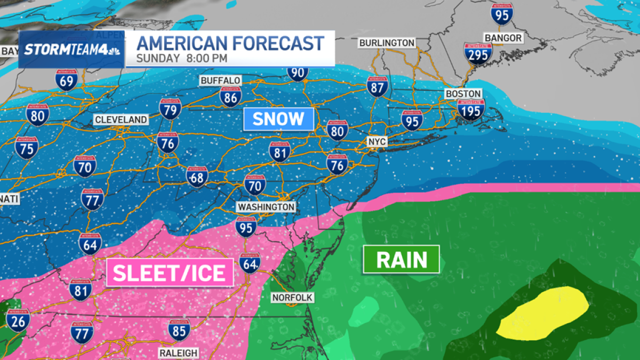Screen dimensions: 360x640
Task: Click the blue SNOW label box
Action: tap(278, 119)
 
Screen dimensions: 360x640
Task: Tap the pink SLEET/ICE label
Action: tap(170, 273)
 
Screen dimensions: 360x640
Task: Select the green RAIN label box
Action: tap(401, 260)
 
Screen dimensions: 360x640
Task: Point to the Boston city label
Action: tap(463, 93)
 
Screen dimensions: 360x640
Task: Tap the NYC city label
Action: tap(376, 142)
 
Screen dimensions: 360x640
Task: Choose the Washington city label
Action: tap(266, 206)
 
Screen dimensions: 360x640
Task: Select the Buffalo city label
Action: tap(220, 81)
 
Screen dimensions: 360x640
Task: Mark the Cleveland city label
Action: tap(121, 120)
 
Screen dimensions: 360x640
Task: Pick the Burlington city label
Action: tap(387, 43)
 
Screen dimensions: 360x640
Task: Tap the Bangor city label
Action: tap(502, 38)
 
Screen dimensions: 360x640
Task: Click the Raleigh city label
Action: tap(178, 353)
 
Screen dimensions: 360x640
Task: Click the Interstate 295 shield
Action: tap(477, 54)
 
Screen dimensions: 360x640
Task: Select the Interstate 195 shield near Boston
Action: tap(471, 110)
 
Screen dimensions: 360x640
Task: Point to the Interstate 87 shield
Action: tap(377, 86)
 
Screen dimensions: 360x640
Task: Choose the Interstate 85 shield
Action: tap(179, 330)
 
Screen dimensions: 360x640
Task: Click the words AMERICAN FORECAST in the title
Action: tap(230, 43)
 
